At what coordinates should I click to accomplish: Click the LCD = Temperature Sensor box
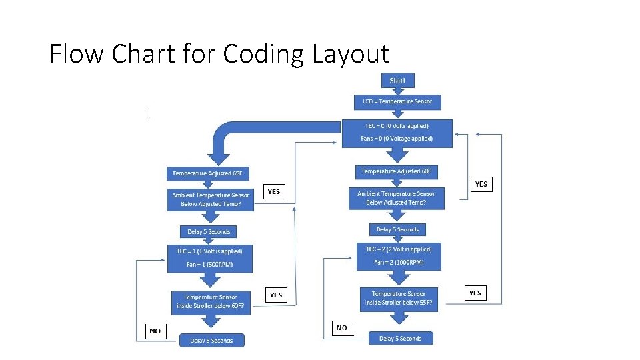[397, 102]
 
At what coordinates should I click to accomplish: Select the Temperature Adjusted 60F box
[397, 172]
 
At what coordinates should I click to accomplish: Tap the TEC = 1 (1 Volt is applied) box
[210, 259]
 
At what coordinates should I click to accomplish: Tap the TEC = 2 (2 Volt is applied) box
[399, 256]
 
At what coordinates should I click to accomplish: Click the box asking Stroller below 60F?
[210, 302]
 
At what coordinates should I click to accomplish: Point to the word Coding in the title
[264, 54]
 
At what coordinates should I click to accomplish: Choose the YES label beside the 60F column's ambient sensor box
[481, 184]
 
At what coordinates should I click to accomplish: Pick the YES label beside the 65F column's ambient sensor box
[274, 192]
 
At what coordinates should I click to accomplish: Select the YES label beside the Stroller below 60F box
[275, 295]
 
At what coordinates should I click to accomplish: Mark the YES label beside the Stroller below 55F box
[475, 293]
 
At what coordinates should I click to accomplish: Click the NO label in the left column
[155, 331]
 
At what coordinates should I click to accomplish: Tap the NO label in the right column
[342, 328]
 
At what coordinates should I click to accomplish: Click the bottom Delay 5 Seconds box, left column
[211, 341]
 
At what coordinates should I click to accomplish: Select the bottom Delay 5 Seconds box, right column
[401, 338]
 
